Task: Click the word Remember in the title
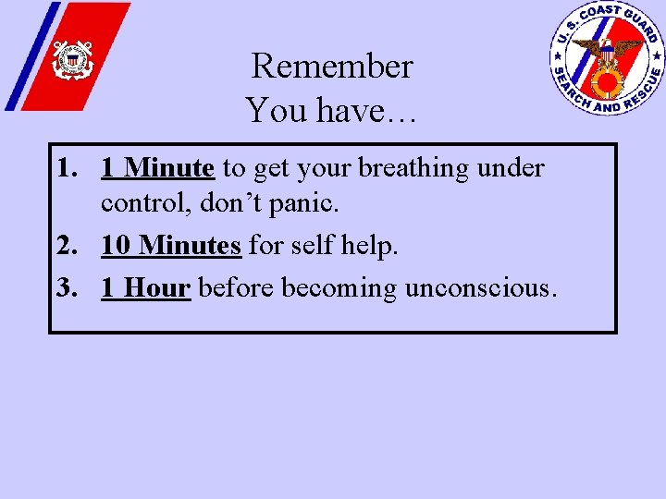coord(331,67)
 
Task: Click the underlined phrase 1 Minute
coord(158,168)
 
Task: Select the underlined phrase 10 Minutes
coord(171,246)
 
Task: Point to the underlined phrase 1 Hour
coord(145,288)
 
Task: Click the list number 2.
coord(65,246)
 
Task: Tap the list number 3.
coord(65,288)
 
